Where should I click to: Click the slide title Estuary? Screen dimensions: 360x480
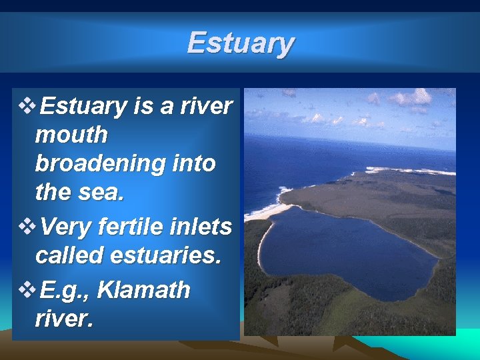coord(240,43)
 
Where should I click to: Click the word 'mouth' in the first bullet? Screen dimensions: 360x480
coord(71,135)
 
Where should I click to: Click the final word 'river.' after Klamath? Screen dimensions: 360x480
coord(63,319)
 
